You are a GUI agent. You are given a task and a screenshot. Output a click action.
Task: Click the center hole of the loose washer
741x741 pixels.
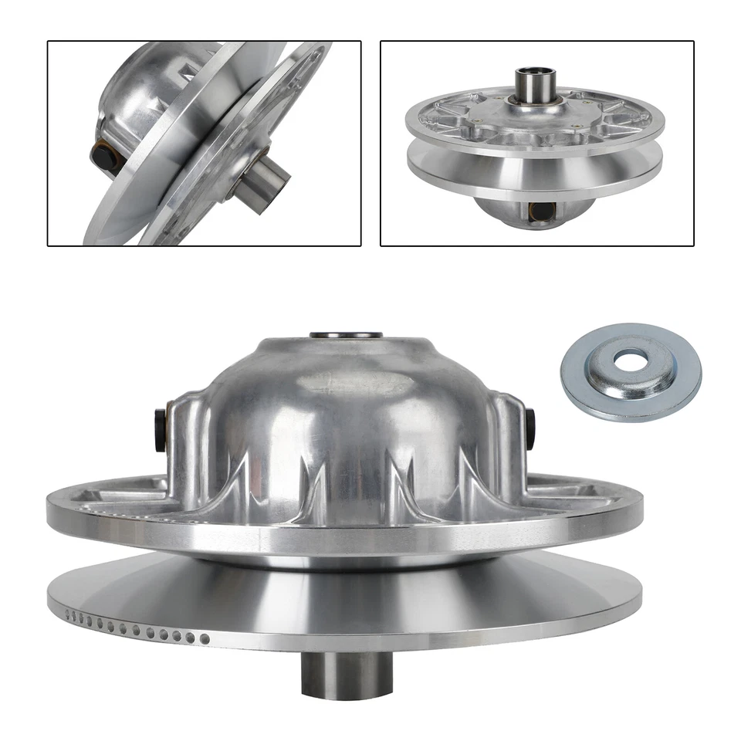[x=631, y=359]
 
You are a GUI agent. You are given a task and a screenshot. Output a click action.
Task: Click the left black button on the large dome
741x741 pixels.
[x=161, y=429]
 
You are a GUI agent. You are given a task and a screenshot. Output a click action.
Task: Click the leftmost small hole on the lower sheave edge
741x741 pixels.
[x=69, y=615]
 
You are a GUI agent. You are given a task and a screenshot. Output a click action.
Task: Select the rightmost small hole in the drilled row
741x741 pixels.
[x=205, y=639]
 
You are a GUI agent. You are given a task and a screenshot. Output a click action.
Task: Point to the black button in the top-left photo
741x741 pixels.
[x=105, y=156]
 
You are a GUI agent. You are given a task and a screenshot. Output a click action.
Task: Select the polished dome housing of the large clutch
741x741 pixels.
[x=347, y=417]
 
